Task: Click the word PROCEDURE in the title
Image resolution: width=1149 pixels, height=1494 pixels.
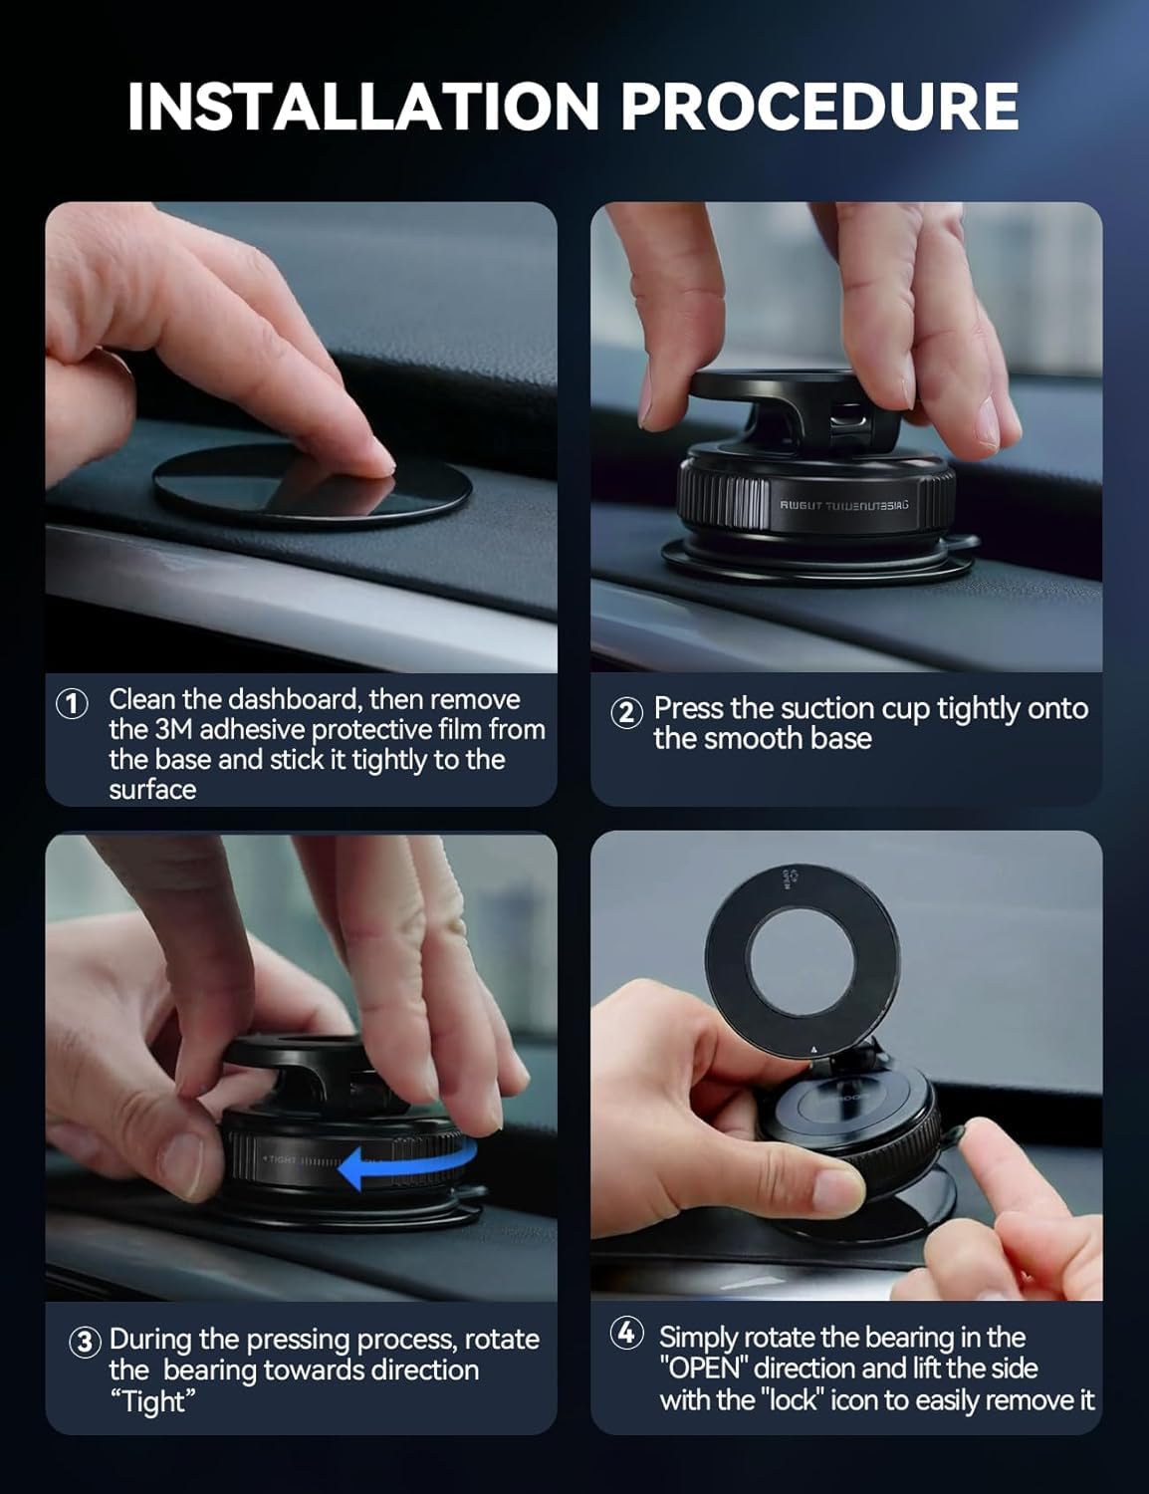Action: (x=819, y=107)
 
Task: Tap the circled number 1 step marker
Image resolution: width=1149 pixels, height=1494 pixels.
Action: (x=72, y=703)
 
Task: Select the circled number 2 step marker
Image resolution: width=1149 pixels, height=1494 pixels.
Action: (x=625, y=712)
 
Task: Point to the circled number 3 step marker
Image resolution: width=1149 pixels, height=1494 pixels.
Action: (x=85, y=1342)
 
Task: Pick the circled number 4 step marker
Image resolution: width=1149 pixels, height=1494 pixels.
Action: (x=626, y=1335)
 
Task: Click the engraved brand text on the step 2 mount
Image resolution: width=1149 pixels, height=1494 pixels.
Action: (x=843, y=505)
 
